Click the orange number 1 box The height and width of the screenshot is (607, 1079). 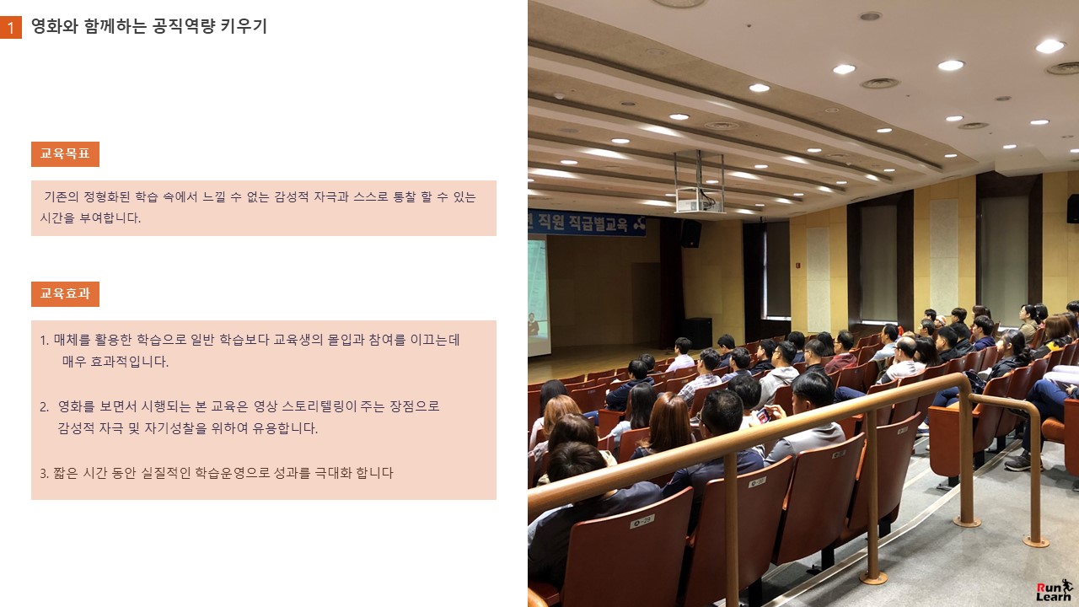click(11, 28)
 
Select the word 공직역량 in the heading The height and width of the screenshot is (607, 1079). click(184, 26)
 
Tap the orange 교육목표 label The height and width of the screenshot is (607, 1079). click(65, 154)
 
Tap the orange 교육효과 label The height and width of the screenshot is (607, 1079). click(65, 294)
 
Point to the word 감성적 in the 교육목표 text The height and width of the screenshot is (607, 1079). click(292, 197)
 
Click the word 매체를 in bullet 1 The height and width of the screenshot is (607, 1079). click(72, 340)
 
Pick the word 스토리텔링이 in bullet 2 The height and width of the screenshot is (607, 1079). click(319, 406)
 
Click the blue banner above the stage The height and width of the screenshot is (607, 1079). click(586, 223)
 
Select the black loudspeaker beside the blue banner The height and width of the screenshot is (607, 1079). click(690, 234)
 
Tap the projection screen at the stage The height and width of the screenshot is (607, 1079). click(538, 295)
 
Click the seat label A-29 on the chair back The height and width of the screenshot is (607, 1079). click(641, 521)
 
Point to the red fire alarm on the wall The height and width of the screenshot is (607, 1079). click(797, 265)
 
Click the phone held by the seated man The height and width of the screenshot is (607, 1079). click(764, 416)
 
